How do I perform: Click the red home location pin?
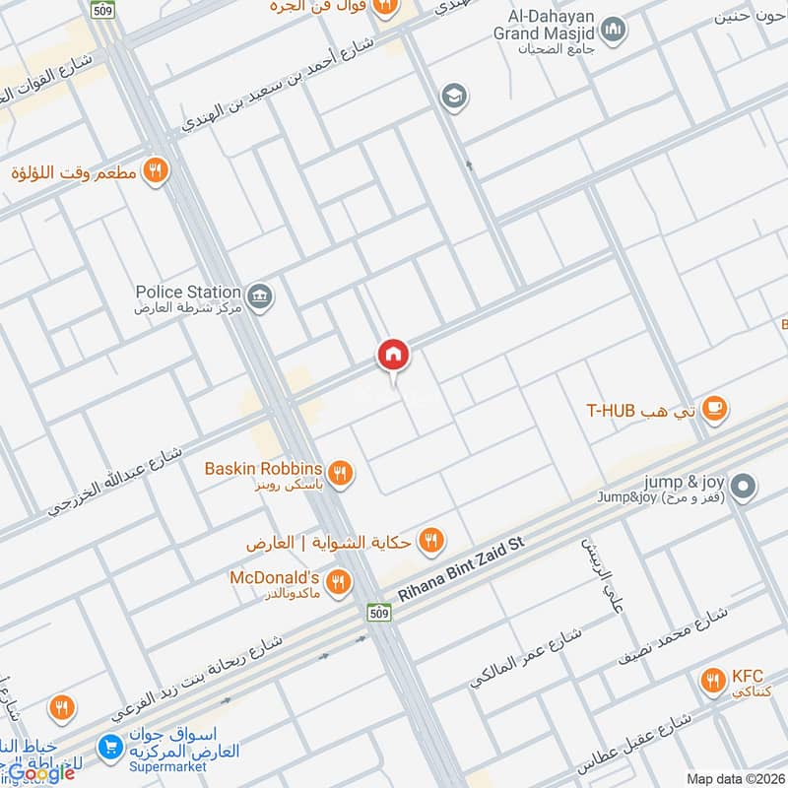[x=392, y=356]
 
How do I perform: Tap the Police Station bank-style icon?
[x=260, y=295]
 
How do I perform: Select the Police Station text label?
[x=188, y=292]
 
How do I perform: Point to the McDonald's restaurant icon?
[x=338, y=582]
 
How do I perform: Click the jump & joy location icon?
[x=746, y=486]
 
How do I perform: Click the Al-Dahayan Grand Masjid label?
[x=540, y=25]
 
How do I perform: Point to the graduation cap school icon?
[x=455, y=96]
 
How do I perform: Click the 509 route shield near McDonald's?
[x=379, y=614]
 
